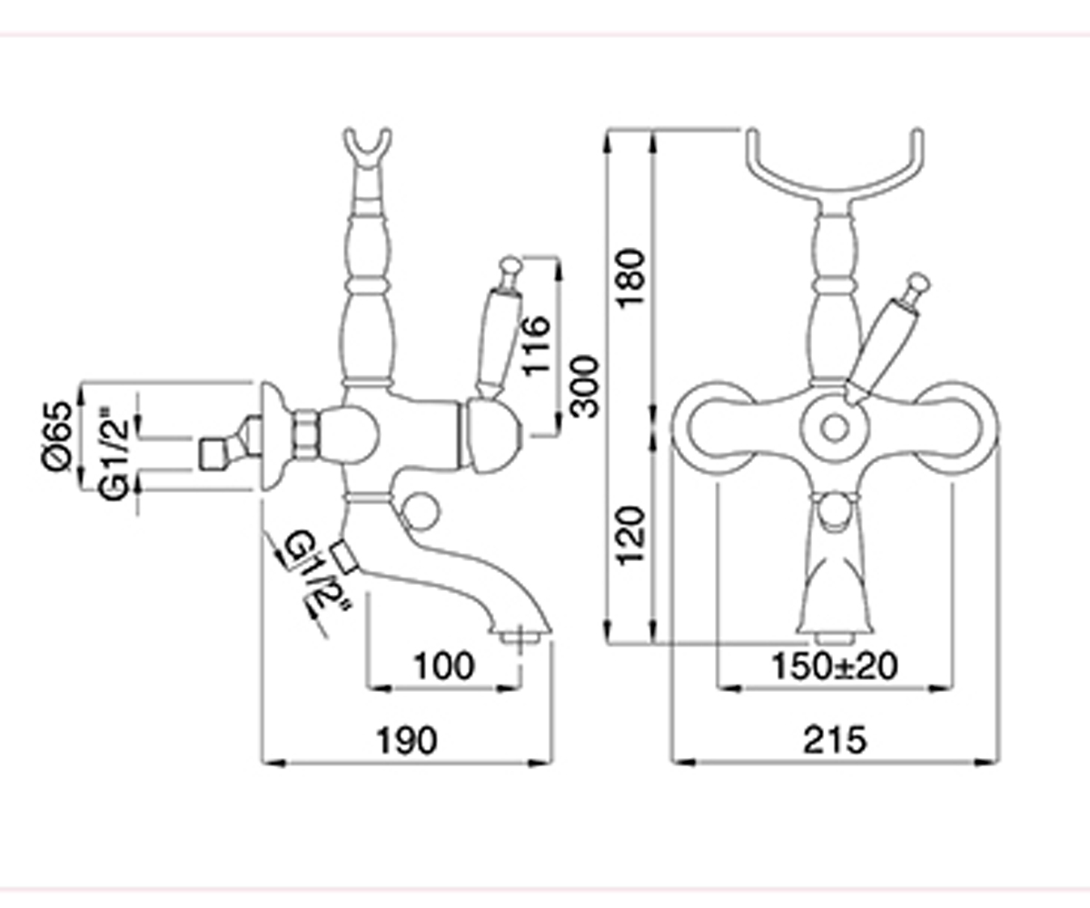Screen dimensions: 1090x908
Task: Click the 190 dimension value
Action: click(x=407, y=741)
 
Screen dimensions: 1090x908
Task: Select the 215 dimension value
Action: click(x=834, y=740)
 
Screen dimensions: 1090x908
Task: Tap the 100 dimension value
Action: click(x=444, y=666)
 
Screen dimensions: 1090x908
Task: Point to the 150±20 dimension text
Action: click(x=834, y=666)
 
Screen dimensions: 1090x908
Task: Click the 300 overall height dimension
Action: click(x=584, y=387)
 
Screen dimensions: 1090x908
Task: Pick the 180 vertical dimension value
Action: click(x=630, y=279)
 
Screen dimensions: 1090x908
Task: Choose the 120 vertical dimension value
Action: click(x=630, y=536)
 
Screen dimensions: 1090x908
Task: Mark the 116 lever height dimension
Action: click(x=536, y=346)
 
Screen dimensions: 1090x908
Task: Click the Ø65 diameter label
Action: click(x=55, y=436)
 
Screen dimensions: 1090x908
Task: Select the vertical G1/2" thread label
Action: click(x=114, y=455)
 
